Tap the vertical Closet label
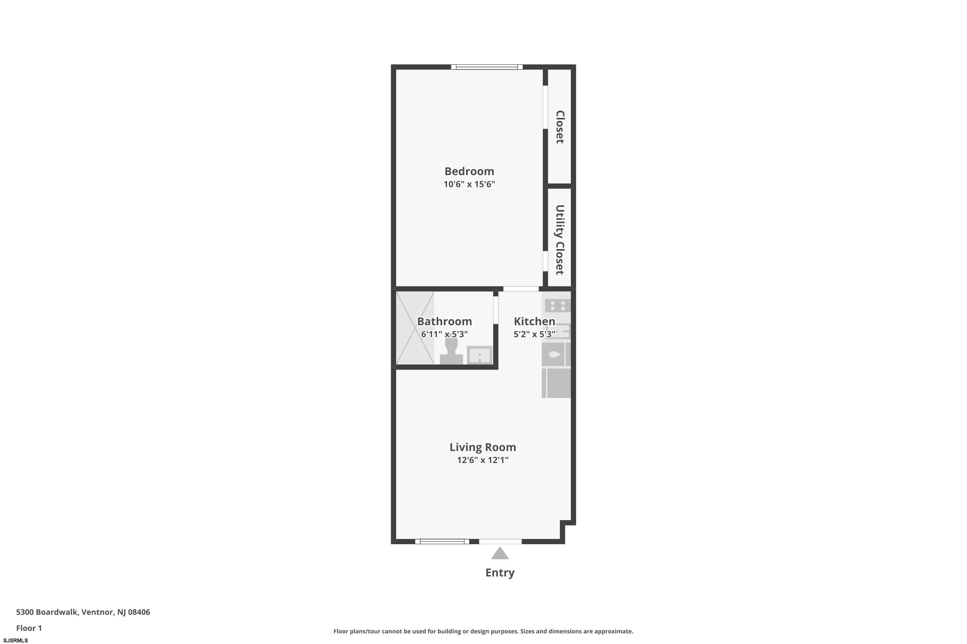560,127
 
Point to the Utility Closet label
560,240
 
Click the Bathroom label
444,321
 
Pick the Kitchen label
534,321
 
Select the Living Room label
483,447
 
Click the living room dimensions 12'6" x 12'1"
483,460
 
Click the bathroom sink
479,355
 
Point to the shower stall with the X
415,328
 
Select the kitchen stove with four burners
558,306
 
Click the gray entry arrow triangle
500,553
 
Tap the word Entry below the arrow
500,573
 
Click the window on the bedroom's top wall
487,67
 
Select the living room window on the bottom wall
442,541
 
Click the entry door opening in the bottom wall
500,541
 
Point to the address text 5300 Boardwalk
46,612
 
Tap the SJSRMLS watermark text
15,640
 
